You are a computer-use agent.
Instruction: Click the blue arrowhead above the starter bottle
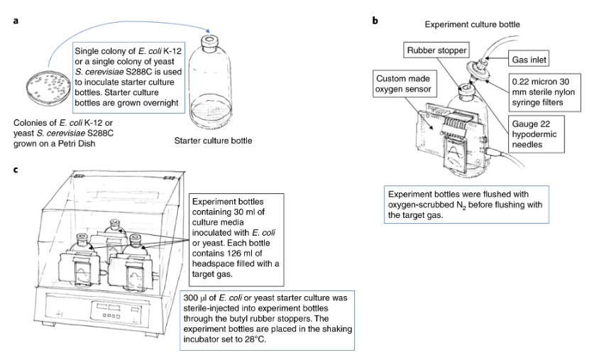pos(210,31)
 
